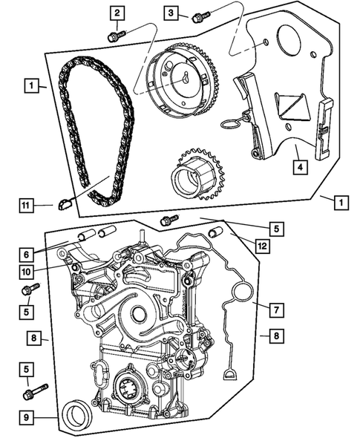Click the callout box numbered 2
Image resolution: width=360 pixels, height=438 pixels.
[x=117, y=13]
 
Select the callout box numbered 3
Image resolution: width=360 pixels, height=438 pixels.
[x=171, y=13]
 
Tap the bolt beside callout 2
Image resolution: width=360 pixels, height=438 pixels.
[x=116, y=35]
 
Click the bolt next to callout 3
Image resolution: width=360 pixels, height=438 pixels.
[x=199, y=17]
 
